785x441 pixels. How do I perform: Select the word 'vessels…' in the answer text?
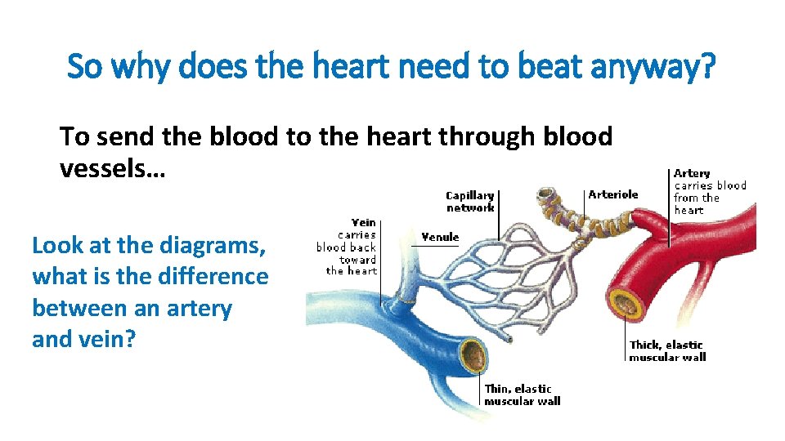pos(113,167)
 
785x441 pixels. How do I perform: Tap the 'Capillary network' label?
pos(469,202)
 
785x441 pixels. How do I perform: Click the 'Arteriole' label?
pos(613,194)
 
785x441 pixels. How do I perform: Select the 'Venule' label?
pos(440,237)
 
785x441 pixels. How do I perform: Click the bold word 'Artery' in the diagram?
pos(692,173)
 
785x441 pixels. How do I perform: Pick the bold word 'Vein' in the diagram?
pos(364,222)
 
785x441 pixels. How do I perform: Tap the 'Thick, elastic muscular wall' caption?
pos(666,350)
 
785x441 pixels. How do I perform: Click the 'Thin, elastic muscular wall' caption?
pos(522,395)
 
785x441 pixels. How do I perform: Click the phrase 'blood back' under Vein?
pos(346,247)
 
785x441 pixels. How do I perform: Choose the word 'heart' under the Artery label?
pos(689,210)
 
